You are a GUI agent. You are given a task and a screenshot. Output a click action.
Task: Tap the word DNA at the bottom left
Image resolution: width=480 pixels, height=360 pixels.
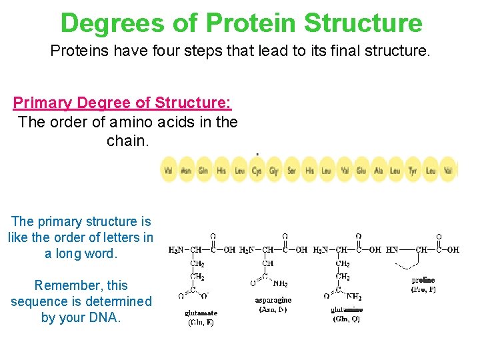102,317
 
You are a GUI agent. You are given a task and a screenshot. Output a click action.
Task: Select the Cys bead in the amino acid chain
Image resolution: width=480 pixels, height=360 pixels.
257,171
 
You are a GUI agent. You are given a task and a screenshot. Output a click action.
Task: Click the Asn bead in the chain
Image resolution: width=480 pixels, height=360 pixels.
186,171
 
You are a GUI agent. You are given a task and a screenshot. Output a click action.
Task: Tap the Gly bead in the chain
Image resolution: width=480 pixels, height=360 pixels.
274,171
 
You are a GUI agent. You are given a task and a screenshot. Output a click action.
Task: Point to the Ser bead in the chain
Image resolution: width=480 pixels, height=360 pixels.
292,171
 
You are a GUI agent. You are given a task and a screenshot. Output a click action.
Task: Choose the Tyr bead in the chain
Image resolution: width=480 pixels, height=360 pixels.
413,171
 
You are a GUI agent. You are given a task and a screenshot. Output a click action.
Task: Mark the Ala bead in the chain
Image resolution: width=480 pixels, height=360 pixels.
379,171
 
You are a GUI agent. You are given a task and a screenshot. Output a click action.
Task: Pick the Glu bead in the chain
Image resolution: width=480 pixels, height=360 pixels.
361,171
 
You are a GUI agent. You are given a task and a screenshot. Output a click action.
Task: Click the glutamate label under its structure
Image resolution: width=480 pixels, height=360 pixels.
201,313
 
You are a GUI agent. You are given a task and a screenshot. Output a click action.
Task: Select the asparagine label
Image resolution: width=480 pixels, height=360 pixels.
273,300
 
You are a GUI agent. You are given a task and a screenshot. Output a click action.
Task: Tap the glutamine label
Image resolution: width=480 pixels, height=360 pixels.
347,309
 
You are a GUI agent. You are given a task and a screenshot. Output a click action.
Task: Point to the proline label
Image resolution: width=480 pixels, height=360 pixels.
423,280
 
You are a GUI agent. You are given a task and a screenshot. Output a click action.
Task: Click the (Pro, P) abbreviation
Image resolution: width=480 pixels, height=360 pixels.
423,289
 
